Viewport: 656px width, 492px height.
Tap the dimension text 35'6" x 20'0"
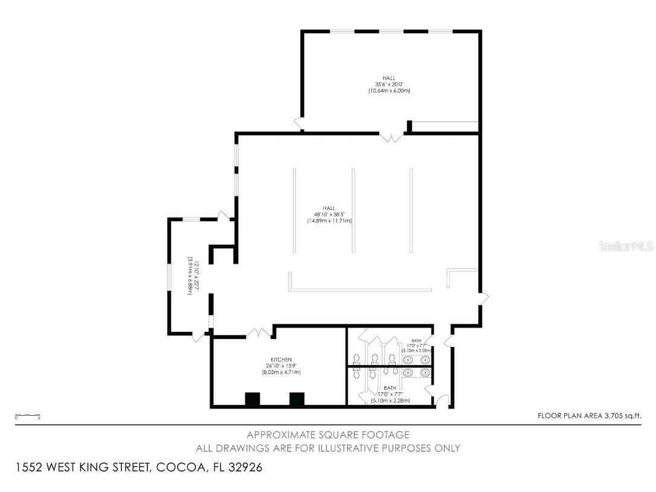(x=389, y=85)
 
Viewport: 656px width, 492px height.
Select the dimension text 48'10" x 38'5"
(x=329, y=215)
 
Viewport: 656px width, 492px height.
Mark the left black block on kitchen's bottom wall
(x=252, y=399)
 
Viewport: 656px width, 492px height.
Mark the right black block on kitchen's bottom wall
(x=297, y=399)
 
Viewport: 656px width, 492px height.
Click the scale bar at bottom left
(x=27, y=416)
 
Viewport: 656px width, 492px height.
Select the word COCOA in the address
(x=178, y=468)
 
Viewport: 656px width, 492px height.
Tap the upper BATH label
(x=416, y=341)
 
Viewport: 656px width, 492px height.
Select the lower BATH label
(x=390, y=388)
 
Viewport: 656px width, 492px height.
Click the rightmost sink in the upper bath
(x=425, y=360)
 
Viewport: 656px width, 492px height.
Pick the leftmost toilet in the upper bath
(x=356, y=358)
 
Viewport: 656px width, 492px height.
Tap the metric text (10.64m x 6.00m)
(x=389, y=91)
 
